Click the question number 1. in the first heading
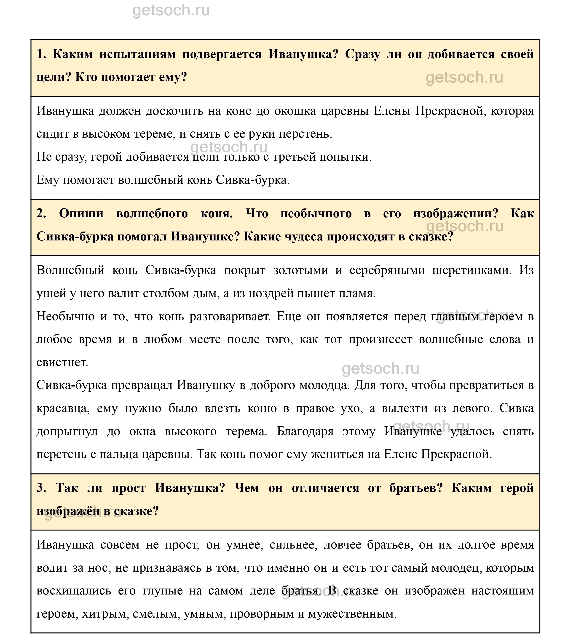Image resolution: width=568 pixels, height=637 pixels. coord(41,54)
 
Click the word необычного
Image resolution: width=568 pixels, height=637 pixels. coord(316,214)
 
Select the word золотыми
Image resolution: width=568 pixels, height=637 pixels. coord(300,270)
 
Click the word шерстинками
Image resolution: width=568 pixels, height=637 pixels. coord(472,270)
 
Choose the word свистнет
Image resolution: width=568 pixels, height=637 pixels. coord(62,362)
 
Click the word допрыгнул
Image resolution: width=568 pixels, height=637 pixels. coord(67,432)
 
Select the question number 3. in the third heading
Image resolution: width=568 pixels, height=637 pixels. coord(41,488)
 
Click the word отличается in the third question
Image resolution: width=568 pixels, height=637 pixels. coord(325,488)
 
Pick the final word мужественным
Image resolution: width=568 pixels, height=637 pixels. coord(352,614)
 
